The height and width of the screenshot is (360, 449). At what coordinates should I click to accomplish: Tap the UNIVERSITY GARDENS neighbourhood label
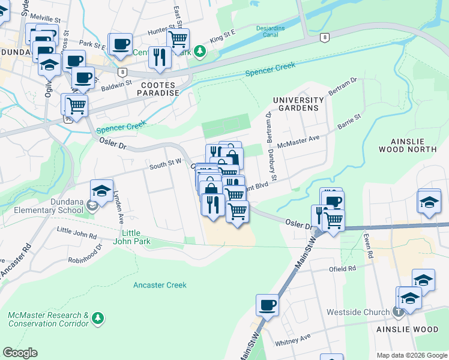click(295, 103)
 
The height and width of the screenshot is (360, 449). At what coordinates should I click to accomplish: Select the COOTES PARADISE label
click(159, 89)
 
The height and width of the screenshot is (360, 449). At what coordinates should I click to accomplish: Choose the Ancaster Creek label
click(160, 285)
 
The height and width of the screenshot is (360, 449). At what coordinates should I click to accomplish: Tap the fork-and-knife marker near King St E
click(159, 57)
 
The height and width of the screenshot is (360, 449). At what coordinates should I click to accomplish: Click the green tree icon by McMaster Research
click(98, 316)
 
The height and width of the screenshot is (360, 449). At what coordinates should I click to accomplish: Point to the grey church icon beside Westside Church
click(397, 312)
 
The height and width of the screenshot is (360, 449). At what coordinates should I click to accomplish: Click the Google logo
click(20, 353)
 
